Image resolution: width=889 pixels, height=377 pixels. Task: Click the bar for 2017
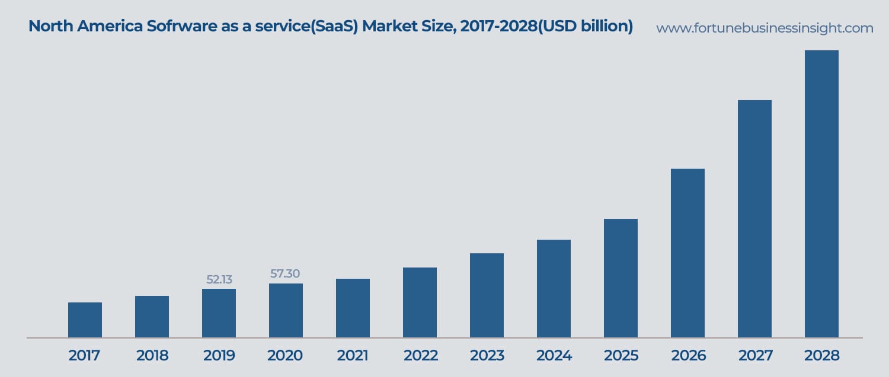(85, 320)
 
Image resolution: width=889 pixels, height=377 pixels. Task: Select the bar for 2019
(219, 314)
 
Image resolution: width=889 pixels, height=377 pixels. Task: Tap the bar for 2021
(353, 308)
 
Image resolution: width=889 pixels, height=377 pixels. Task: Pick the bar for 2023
(487, 296)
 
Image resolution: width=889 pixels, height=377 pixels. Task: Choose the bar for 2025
(621, 278)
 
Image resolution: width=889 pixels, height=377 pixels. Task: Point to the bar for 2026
(687, 253)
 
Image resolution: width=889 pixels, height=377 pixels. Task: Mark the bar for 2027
(754, 219)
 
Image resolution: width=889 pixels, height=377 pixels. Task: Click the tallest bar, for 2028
(821, 194)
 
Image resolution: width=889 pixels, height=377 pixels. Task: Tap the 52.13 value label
(219, 279)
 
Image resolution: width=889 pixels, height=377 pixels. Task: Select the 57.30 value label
(285, 273)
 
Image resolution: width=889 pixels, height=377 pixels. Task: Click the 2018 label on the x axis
(152, 356)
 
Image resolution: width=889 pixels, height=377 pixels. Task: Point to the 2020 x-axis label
(285, 356)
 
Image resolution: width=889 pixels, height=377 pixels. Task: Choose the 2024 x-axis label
(554, 356)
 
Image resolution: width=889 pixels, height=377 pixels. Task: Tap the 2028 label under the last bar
(822, 356)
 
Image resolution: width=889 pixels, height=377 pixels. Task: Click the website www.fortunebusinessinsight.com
(765, 28)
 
